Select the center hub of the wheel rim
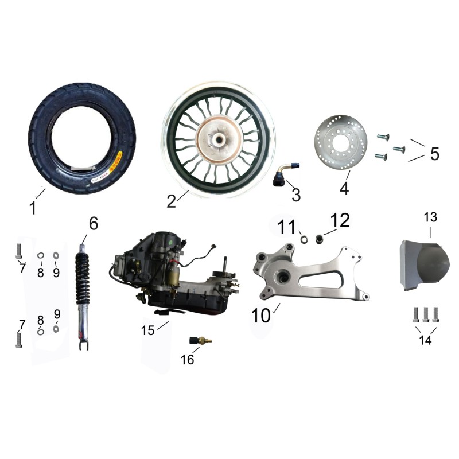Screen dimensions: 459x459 pyautogui.click(x=219, y=138)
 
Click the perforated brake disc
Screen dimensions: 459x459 pyautogui.click(x=341, y=142)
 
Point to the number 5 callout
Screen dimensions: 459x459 pyautogui.click(x=435, y=153)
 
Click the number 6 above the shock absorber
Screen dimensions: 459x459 pyautogui.click(x=94, y=224)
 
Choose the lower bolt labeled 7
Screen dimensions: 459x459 pyautogui.click(x=19, y=340)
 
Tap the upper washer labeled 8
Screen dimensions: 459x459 pyautogui.click(x=41, y=255)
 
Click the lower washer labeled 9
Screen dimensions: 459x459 pyautogui.click(x=56, y=329)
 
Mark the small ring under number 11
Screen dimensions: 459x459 pyautogui.click(x=305, y=239)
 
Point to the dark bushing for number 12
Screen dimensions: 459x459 pyautogui.click(x=318, y=239)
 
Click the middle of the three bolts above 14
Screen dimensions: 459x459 pyautogui.click(x=426, y=314)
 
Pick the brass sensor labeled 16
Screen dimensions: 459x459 pyautogui.click(x=200, y=340)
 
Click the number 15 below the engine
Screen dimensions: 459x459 pyautogui.click(x=147, y=330)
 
